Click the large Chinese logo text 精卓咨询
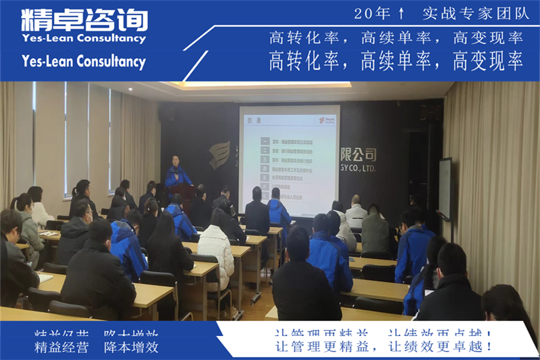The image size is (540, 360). tap(84, 20)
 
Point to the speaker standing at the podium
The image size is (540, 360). tap(177, 171)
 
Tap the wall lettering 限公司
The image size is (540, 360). tap(358, 155)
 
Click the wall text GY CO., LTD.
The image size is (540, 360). tap(358, 169)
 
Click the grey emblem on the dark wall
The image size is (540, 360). tap(220, 155)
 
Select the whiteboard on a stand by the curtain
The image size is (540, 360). tap(445, 189)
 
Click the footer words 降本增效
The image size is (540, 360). tap(131, 347)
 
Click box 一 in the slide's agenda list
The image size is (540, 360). tap(265, 142)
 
